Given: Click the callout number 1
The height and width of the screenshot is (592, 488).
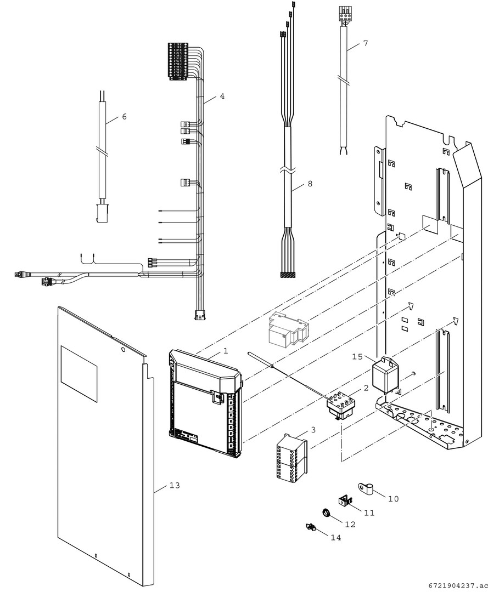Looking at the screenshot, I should click(x=225, y=350).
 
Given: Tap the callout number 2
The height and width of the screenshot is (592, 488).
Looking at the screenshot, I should click(x=366, y=388).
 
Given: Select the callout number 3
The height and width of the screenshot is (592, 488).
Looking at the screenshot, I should click(x=313, y=430).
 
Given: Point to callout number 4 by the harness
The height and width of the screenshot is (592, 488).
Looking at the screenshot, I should click(x=222, y=96).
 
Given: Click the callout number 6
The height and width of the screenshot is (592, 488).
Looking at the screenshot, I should click(x=124, y=117).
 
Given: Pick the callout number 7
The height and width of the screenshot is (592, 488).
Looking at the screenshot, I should click(x=366, y=43).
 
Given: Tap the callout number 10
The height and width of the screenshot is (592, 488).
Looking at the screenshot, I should click(x=393, y=499).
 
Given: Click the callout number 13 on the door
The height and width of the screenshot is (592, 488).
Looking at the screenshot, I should click(x=175, y=486).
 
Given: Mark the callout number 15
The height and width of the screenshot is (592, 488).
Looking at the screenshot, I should click(x=357, y=357).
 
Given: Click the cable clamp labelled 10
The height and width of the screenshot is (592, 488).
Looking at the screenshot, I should click(x=366, y=486).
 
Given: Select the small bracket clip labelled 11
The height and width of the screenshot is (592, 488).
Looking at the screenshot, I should click(x=345, y=500).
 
